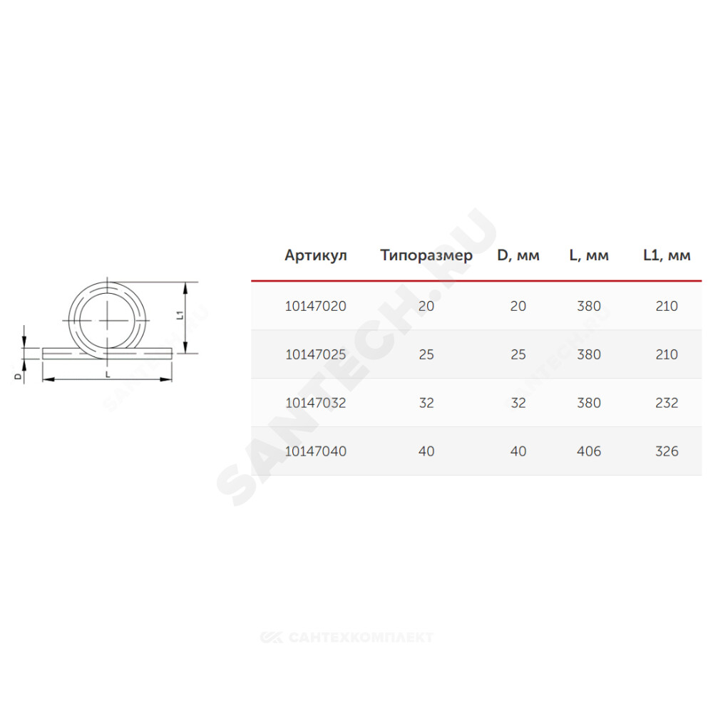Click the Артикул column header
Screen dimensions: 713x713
pyautogui.click(x=316, y=255)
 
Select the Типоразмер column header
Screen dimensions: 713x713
pyautogui.click(x=426, y=255)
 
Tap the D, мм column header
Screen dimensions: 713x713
pyautogui.click(x=518, y=255)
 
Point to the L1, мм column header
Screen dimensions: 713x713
pyautogui.click(x=667, y=255)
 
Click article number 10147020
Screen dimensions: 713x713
pyautogui.click(x=316, y=306)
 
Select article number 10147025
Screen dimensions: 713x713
pyautogui.click(x=316, y=354)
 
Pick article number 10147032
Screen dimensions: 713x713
pyautogui.click(x=316, y=403)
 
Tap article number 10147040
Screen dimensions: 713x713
pyautogui.click(x=316, y=451)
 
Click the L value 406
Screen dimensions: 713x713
pyautogui.click(x=589, y=451)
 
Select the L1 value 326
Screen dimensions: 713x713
pyautogui.click(x=667, y=451)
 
